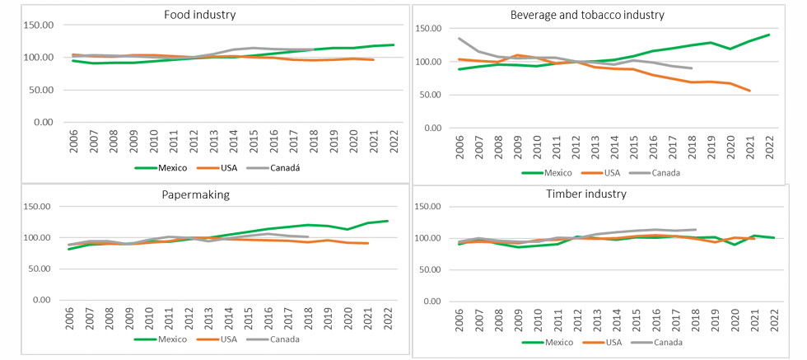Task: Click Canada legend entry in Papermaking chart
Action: tap(278, 339)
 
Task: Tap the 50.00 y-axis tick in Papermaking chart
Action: tap(40, 269)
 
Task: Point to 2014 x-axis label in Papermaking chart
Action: tap(231, 316)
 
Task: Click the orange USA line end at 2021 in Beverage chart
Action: tap(749, 91)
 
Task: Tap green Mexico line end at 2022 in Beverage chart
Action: tap(768, 35)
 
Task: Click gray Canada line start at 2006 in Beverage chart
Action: tap(459, 38)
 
